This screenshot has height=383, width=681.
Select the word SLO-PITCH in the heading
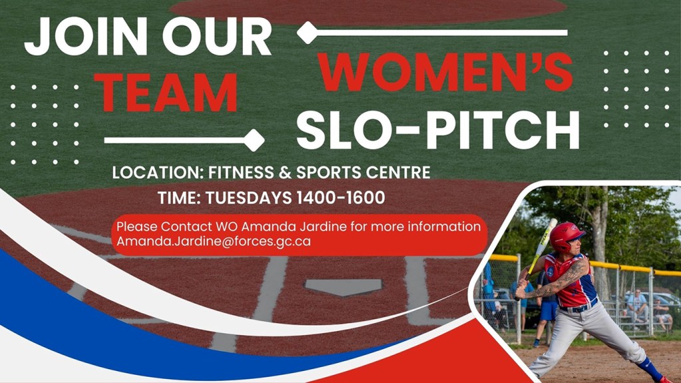pos(438,130)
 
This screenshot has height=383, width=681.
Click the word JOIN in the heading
pos(86,37)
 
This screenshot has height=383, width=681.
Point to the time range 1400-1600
pos(340,197)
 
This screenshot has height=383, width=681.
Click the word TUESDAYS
pos(249,197)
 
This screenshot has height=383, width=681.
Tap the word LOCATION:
pos(158,172)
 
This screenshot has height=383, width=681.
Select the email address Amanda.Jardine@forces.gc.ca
pos(213,241)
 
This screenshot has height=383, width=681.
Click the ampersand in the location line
pos(285,172)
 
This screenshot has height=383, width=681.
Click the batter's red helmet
pos(566,237)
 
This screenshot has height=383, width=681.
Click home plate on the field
pos(343,287)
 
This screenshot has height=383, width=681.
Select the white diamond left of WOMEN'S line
pos(307,33)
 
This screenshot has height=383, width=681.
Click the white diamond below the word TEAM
pos(253,140)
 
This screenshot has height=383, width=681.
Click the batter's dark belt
pos(579,307)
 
